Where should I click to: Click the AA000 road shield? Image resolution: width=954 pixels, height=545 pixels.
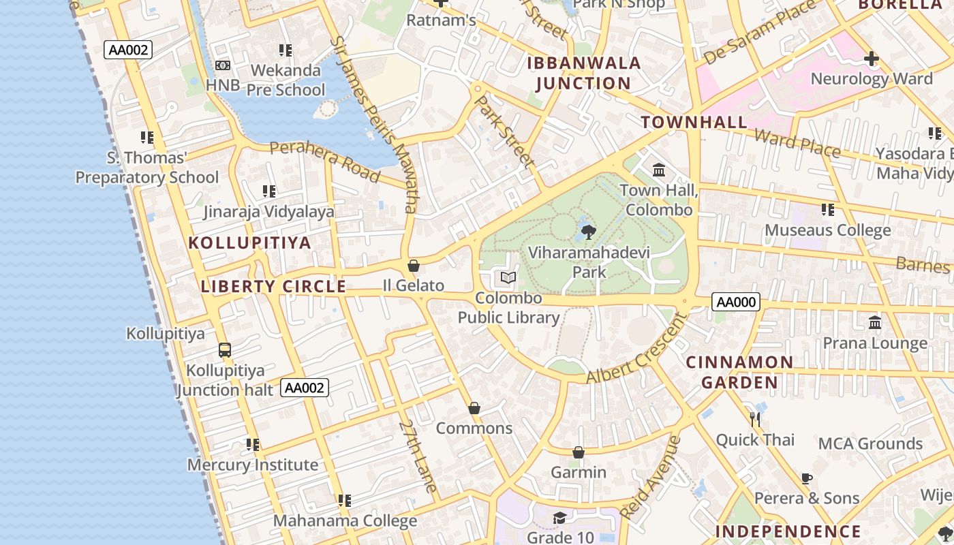(x=735, y=302)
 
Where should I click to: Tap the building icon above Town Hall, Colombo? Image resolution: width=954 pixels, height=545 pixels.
(x=659, y=170)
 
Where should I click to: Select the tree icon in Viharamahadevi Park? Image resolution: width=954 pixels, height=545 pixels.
(x=589, y=232)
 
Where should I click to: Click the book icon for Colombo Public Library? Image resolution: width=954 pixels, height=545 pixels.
(x=508, y=277)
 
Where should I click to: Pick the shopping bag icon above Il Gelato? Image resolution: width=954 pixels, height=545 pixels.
(x=413, y=265)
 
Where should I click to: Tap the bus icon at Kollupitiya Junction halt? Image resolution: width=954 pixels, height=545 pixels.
(x=225, y=350)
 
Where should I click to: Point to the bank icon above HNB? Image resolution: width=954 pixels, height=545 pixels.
(x=223, y=65)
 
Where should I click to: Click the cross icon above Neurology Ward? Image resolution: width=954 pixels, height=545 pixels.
(x=871, y=59)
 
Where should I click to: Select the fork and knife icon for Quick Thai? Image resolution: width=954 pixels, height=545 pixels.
(x=754, y=419)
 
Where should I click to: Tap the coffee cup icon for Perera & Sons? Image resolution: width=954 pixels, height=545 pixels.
(x=807, y=478)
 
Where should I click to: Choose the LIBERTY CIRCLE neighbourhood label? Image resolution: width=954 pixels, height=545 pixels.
(x=274, y=287)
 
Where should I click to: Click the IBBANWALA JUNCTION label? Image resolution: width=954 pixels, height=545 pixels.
(x=584, y=74)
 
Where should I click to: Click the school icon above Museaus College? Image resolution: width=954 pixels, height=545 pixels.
(x=828, y=209)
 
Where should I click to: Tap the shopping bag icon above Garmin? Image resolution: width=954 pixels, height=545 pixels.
(x=579, y=452)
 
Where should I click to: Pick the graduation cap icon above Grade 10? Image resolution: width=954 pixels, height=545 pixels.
(x=559, y=518)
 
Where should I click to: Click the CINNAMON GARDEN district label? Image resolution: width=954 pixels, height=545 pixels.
(x=739, y=372)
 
